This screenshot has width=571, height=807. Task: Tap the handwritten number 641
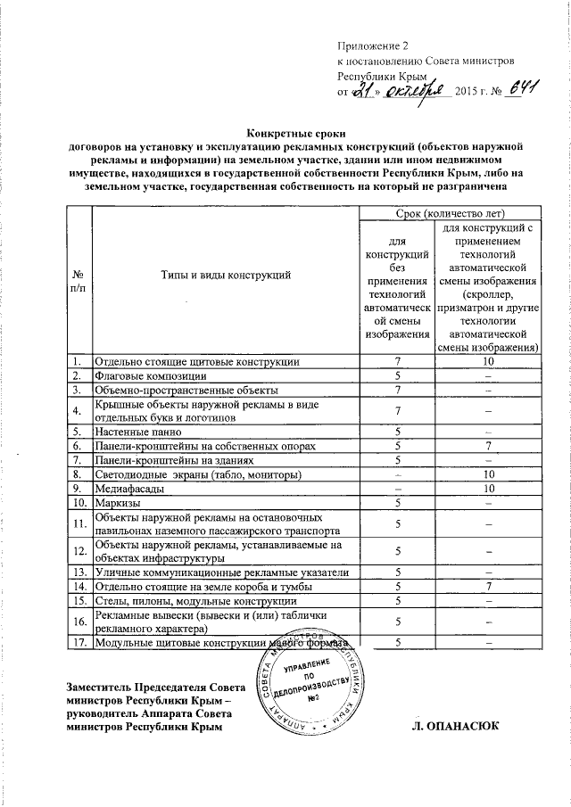point(518,90)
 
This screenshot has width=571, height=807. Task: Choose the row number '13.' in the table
point(79,572)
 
